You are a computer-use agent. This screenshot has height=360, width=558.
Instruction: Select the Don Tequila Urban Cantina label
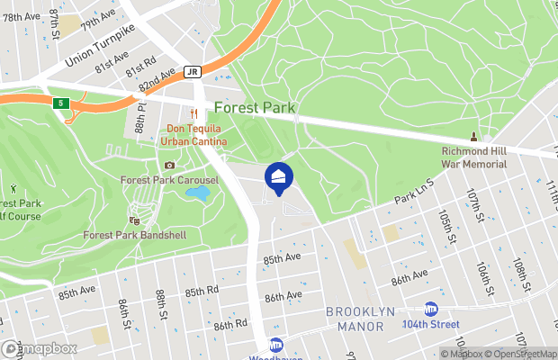coord(193,134)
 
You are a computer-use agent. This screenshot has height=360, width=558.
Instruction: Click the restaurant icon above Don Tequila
coord(193,113)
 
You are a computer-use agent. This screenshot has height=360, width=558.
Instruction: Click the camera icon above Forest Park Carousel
coord(169,165)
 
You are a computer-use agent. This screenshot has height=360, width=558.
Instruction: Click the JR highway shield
coord(194,72)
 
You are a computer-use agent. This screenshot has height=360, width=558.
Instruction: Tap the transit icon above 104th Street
coord(431,308)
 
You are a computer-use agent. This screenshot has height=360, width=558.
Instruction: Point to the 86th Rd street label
coord(229,324)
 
